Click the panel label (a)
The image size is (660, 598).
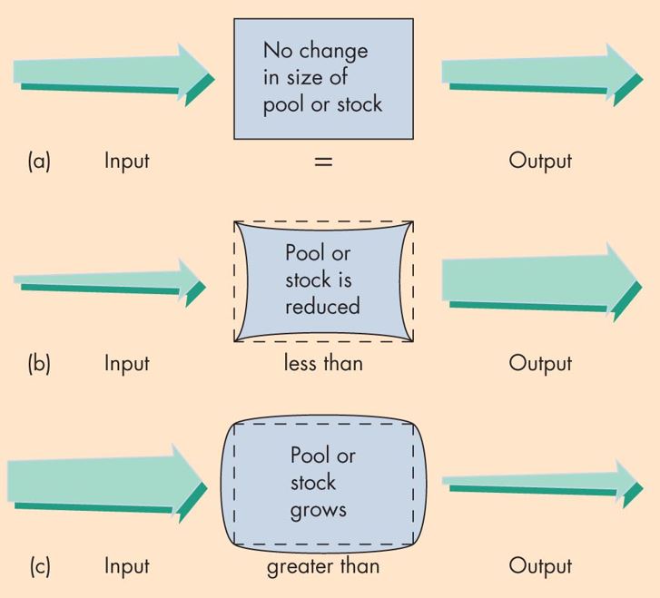tap(39, 162)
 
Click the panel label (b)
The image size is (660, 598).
tap(39, 363)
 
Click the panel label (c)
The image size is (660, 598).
tap(39, 566)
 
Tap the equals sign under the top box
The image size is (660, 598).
tap(323, 162)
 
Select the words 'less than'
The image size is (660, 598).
tap(323, 363)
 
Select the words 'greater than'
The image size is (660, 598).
tap(323, 566)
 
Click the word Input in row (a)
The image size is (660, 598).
tap(126, 162)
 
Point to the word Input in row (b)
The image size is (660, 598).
tap(126, 363)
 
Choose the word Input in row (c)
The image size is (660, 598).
tap(126, 566)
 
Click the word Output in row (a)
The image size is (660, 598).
tap(540, 162)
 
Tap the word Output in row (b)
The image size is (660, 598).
tap(540, 363)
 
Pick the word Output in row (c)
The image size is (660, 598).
tap(540, 566)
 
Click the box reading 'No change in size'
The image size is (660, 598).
tap(323, 78)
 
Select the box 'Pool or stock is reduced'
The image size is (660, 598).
tap(323, 279)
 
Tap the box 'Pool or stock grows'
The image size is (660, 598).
tap(323, 483)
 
